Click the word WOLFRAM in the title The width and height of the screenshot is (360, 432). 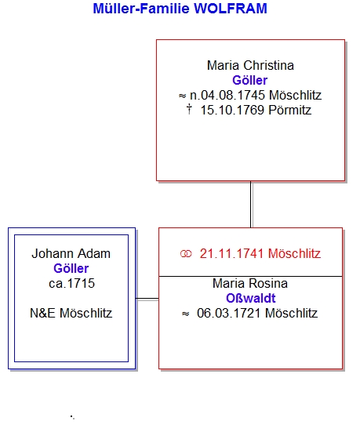coord(231,9)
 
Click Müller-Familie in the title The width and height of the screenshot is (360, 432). coord(141,9)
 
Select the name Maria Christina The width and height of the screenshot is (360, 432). coord(250,66)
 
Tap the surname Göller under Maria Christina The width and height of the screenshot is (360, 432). coord(249,81)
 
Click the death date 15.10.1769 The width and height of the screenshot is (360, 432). coord(232,111)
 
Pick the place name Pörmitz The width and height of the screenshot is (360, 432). coord(289,111)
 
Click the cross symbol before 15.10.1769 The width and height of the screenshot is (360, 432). coord(189,109)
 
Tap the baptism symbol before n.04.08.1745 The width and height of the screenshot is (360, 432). coord(182,96)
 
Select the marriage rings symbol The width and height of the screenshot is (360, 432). coord(186,254)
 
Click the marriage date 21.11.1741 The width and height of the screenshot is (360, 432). coord(232,254)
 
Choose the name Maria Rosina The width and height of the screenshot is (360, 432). coord(250,284)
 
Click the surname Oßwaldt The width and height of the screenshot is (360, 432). coord(250,299)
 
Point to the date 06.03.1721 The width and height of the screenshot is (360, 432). coord(229,314)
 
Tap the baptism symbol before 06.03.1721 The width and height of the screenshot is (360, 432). coord(186,314)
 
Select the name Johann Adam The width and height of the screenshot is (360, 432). coord(71,254)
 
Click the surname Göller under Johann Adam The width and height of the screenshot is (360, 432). coord(71,269)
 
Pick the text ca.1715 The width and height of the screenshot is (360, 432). coord(71,284)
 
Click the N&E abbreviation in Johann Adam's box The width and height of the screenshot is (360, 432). coord(42,314)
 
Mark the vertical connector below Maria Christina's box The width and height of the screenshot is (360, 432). coord(251,205)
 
